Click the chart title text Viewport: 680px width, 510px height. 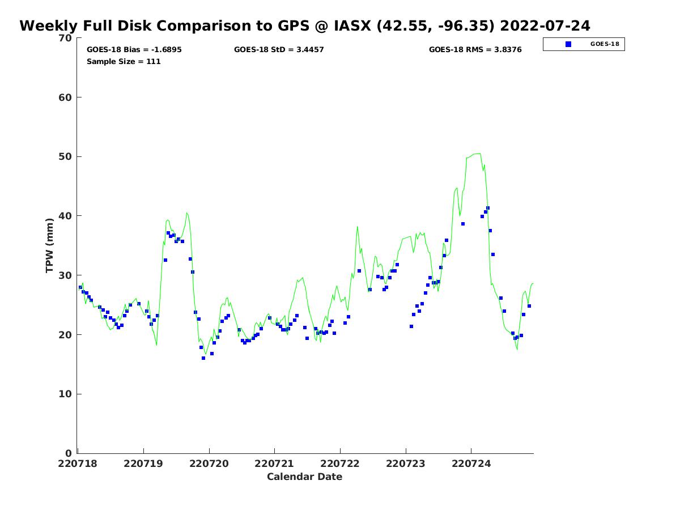click(305, 26)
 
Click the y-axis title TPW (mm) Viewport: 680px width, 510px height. click(50, 245)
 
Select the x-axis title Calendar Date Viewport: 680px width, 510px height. click(305, 477)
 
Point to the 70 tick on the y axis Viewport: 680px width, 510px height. click(66, 39)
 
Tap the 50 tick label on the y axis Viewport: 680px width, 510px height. click(66, 157)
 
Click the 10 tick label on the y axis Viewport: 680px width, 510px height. click(66, 394)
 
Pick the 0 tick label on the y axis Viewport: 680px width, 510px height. click(69, 453)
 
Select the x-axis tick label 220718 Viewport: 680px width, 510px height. click(78, 464)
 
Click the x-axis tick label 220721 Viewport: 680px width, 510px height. click(275, 464)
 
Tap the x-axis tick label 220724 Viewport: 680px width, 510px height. click(471, 464)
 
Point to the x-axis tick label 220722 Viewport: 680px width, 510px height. click(340, 464)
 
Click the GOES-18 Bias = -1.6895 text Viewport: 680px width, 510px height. click(134, 50)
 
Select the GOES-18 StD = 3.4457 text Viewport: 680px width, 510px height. click(279, 50)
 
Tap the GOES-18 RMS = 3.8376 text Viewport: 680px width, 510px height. click(475, 50)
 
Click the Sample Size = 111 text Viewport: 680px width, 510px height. click(124, 62)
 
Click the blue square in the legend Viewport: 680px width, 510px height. click(568, 44)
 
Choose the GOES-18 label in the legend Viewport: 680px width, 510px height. click(605, 44)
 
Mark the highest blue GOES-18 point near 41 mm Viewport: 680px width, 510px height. click(488, 209)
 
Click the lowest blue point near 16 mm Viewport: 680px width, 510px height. click(203, 358)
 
